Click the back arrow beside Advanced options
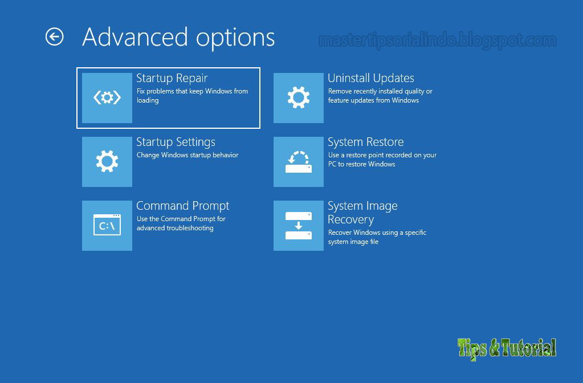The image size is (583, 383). point(54,37)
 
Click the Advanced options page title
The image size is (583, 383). point(178,38)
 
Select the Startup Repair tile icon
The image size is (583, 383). point(107,98)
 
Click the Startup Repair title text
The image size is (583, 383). point(172,78)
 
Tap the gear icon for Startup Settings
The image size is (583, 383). point(107,162)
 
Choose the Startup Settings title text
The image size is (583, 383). point(176,142)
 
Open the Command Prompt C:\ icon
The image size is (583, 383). point(107,226)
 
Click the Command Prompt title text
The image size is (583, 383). point(182,206)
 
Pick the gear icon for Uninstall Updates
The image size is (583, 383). point(299,98)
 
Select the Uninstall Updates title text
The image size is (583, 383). point(370,78)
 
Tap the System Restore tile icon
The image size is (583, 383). point(299,162)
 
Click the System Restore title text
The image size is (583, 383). point(365,142)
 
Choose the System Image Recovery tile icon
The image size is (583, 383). point(299,226)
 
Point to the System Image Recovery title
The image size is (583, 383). point(362,213)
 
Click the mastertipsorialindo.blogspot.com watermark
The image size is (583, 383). point(437,40)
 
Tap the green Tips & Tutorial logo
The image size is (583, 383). point(507,348)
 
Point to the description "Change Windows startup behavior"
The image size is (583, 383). point(187,155)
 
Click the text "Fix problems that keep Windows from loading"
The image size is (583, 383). point(192,96)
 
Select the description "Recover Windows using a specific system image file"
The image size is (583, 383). point(377,237)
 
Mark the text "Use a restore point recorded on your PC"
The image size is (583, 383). point(382,160)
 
